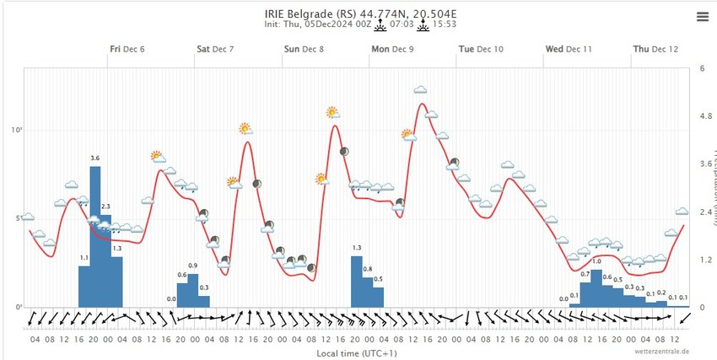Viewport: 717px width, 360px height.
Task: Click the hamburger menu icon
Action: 702,16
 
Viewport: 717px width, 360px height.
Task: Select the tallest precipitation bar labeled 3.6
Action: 95,236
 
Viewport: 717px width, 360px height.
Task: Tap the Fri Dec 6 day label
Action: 127,50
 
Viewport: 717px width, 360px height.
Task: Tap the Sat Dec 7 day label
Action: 215,50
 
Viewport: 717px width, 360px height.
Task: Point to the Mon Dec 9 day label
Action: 392,50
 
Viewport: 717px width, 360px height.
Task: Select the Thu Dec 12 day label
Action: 655,50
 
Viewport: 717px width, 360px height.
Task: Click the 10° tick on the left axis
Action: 16,131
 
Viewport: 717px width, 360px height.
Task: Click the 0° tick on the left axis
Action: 17,307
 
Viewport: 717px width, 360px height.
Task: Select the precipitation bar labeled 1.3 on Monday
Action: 356,282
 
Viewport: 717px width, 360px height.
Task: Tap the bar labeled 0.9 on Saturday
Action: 193,290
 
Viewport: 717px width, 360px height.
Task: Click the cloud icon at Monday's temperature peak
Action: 420,90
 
